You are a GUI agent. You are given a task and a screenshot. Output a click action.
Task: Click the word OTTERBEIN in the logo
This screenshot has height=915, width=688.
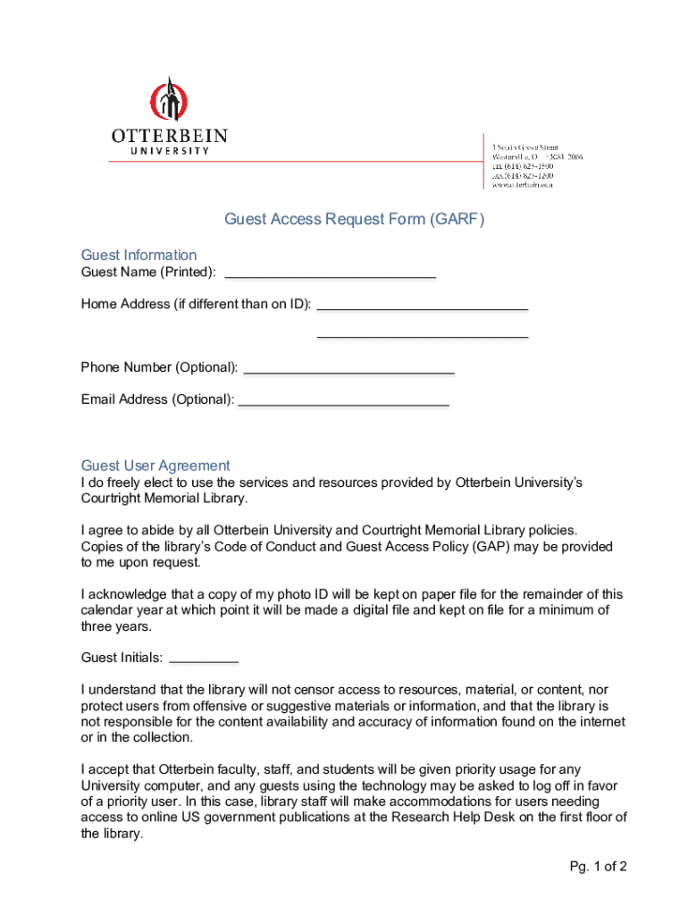click(169, 137)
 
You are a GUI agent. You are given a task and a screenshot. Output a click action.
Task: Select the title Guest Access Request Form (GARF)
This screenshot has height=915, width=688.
click(354, 219)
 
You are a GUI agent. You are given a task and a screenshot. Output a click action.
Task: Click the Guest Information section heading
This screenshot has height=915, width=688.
click(138, 255)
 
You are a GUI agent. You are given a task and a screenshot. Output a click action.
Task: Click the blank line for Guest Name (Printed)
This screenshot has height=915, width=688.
click(330, 273)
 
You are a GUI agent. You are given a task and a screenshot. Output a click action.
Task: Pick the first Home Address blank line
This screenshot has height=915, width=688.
click(423, 306)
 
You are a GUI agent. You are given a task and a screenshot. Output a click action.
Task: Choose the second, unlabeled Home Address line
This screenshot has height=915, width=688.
click(423, 335)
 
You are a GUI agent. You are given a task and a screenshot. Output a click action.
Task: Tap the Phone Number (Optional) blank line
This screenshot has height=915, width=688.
click(348, 369)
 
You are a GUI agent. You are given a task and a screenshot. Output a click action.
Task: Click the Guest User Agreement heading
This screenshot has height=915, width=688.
click(155, 466)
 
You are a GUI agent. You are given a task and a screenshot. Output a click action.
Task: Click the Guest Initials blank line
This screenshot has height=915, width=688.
click(204, 659)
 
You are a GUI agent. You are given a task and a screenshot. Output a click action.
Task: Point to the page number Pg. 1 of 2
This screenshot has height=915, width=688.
click(598, 867)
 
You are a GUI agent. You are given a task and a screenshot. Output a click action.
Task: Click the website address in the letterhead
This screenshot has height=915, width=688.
click(524, 186)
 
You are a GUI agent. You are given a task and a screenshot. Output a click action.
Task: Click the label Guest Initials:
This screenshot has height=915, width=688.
click(122, 659)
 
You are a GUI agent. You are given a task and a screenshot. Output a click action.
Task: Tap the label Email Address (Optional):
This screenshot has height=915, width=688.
click(157, 399)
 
